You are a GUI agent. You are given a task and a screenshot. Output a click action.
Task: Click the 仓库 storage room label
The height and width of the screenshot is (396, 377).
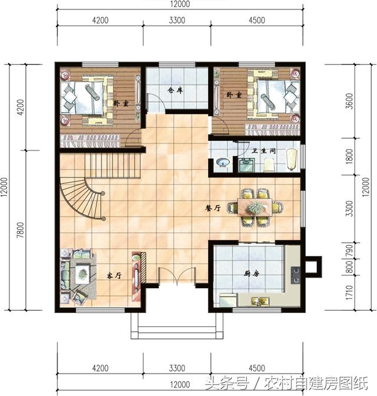pyautogui.click(x=175, y=90)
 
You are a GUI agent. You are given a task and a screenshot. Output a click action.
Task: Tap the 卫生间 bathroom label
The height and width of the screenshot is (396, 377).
pyautogui.click(x=264, y=151)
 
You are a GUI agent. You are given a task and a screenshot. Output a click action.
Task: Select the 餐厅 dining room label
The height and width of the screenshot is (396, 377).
pyautogui.click(x=213, y=208)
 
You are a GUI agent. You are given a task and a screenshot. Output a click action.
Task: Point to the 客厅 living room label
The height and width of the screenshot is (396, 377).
pyautogui.click(x=114, y=275)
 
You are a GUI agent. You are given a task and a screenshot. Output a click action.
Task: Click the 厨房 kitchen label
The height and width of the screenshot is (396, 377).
pyautogui.click(x=252, y=273)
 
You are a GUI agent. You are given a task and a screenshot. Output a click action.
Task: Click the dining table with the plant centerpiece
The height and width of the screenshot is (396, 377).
pyautogui.click(x=255, y=207)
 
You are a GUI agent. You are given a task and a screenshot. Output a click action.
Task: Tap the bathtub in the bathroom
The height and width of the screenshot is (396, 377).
pyautogui.click(x=292, y=160)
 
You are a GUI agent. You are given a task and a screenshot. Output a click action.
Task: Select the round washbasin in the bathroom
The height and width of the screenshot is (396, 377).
pyautogui.click(x=223, y=162)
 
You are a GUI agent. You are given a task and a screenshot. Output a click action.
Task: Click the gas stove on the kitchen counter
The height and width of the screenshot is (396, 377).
pyautogui.click(x=296, y=275)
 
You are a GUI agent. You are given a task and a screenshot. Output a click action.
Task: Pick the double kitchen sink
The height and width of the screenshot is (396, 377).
pyautogui.click(x=260, y=301)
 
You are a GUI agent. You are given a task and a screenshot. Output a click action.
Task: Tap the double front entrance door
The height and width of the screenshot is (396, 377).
pyautogui.click(x=177, y=276)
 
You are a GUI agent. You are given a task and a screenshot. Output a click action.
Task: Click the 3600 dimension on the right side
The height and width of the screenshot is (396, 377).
pyautogui.click(x=349, y=101)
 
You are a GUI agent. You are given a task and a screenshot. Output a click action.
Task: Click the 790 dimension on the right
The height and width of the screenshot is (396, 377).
pyautogui.click(x=349, y=250)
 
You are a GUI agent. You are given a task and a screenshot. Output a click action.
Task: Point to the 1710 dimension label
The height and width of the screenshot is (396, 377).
pyautogui.click(x=349, y=292)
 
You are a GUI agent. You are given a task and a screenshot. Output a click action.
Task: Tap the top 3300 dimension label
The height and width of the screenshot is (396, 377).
pyautogui.click(x=177, y=20)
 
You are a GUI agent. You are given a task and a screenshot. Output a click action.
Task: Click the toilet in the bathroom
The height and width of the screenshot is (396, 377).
pyautogui.click(x=269, y=164)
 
